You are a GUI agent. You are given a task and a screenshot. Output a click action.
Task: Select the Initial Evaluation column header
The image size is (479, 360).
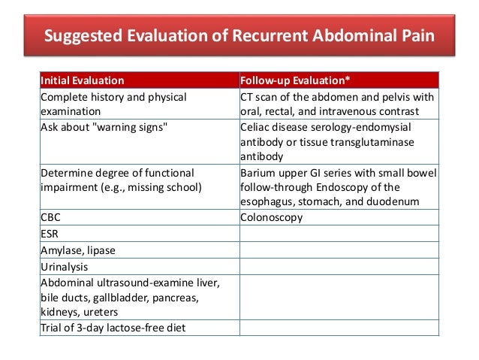pos(83,80)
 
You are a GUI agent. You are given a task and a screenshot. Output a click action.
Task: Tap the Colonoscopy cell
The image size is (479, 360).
pos(271,217)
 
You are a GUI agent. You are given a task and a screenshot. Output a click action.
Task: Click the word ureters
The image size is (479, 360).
pos(101,311)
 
